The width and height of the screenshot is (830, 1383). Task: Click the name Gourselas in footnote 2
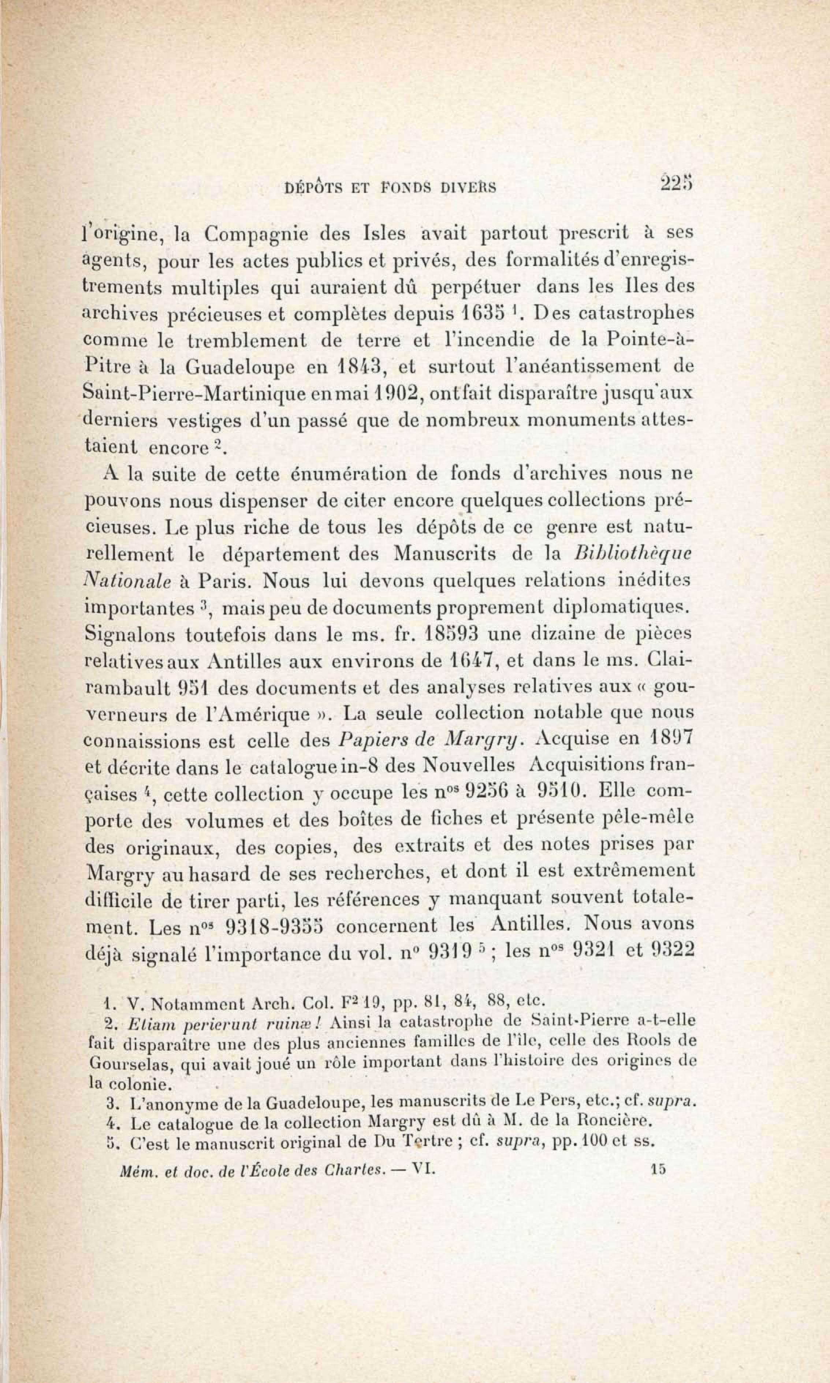point(133,1064)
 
